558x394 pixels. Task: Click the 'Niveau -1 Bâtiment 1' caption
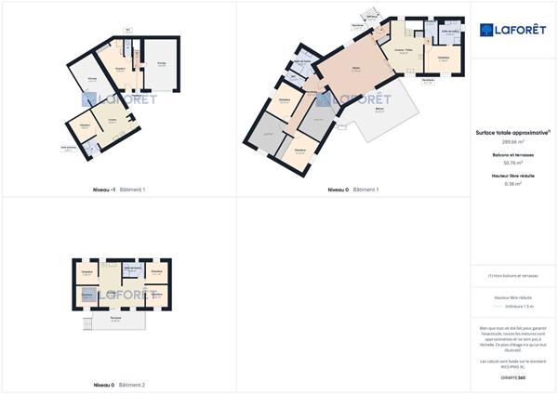point(119,190)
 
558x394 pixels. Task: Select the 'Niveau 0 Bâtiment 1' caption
point(353,190)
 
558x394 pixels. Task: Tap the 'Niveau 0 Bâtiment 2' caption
point(119,384)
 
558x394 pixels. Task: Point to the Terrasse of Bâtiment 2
point(115,322)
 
